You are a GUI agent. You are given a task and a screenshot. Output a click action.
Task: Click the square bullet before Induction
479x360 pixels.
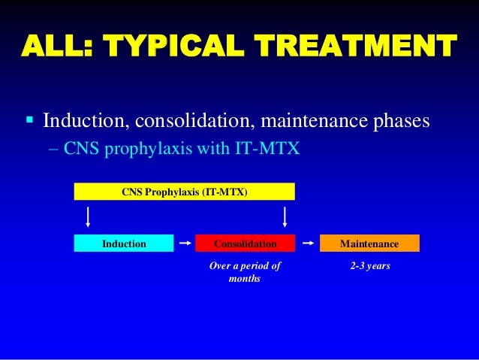[x=29, y=121]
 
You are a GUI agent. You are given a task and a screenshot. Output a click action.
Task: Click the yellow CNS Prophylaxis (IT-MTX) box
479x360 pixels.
[x=184, y=192]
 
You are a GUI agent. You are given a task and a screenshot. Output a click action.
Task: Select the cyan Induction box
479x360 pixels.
[x=124, y=244]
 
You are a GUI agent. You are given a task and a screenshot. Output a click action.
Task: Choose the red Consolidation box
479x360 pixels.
[x=246, y=244]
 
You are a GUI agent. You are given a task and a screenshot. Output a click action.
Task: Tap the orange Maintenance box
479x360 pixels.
[x=369, y=244]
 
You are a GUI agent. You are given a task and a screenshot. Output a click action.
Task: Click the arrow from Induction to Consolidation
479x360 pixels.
[x=185, y=244]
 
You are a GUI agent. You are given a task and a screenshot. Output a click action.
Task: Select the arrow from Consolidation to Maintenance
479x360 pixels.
[x=306, y=244]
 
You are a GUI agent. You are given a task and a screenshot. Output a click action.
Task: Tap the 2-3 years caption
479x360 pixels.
[x=369, y=266]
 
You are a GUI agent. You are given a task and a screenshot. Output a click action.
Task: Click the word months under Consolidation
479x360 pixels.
[x=245, y=279]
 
